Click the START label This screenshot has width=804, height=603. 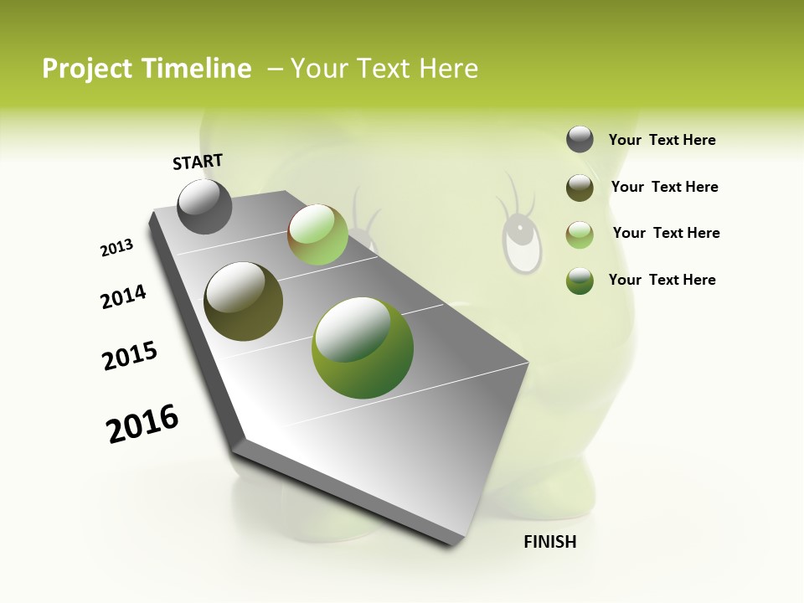(198, 162)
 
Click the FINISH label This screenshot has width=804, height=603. (549, 542)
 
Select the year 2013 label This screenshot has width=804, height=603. (116, 248)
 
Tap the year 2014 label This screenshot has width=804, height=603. (123, 296)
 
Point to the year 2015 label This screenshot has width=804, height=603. (130, 355)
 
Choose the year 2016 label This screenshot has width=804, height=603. (142, 424)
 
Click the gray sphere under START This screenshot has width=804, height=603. (204, 206)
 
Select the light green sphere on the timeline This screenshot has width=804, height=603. (317, 234)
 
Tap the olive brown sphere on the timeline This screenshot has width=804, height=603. (243, 301)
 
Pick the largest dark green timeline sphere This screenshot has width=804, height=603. (362, 347)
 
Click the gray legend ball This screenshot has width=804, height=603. (580, 140)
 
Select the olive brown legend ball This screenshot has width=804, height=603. (580, 187)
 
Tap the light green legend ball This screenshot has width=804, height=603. (580, 234)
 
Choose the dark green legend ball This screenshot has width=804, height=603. (580, 280)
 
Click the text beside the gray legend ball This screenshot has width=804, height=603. (662, 140)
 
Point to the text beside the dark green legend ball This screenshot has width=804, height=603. (662, 280)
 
